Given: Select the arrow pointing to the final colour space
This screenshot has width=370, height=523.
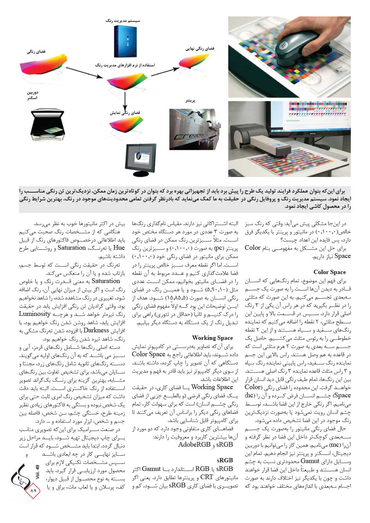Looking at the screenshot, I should coord(162,72).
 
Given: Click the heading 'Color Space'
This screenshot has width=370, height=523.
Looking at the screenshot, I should coord(330,272).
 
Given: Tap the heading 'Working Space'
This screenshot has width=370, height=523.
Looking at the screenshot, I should coord(212,338).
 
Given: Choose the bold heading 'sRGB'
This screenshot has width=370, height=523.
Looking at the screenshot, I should coord(225,460).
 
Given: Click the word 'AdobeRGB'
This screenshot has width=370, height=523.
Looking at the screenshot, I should coord(194,445).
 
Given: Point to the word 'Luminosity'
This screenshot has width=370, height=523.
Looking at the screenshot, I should coord(35,314).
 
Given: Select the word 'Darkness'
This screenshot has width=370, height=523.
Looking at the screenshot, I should coord(96,330).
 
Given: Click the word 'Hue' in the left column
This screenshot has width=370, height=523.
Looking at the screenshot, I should coord(119,248).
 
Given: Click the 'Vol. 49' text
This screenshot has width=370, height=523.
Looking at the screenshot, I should coord(38,472).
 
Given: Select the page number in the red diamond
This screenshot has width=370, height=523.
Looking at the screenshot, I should coord(33,491).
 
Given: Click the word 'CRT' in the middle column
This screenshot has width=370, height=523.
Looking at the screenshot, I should coord(207,477).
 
